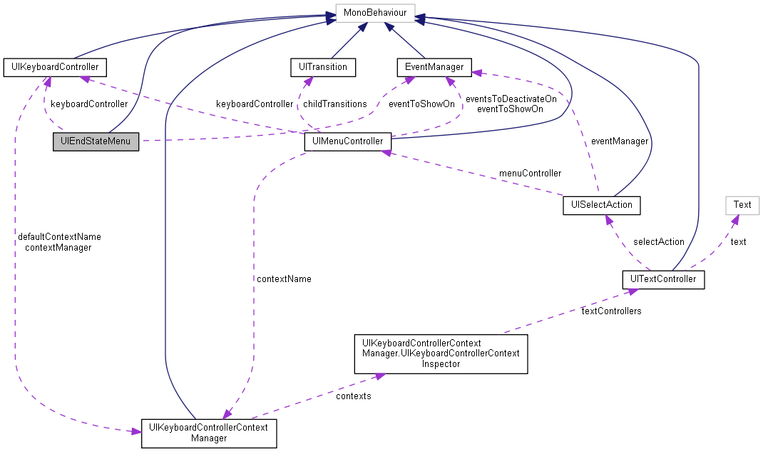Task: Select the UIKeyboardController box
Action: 55,68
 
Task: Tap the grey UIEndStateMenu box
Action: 96,141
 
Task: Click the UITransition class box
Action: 323,67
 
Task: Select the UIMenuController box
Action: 347,141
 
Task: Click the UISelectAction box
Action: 601,206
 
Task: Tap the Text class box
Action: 742,205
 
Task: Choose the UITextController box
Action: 663,279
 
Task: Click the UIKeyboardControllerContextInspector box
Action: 441,353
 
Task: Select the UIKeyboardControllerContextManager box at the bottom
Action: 208,433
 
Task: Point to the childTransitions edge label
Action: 334,104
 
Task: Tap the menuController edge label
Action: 530,174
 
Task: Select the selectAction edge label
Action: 658,242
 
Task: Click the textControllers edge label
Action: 610,311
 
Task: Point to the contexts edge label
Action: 353,396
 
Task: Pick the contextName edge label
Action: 283,278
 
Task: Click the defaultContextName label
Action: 59,236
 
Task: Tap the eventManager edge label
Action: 620,141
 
